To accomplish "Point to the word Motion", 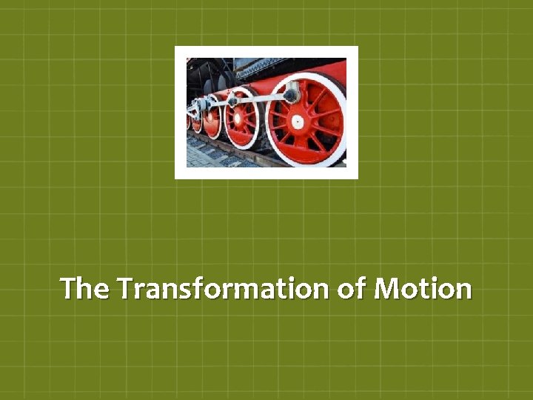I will pos(423,288).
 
